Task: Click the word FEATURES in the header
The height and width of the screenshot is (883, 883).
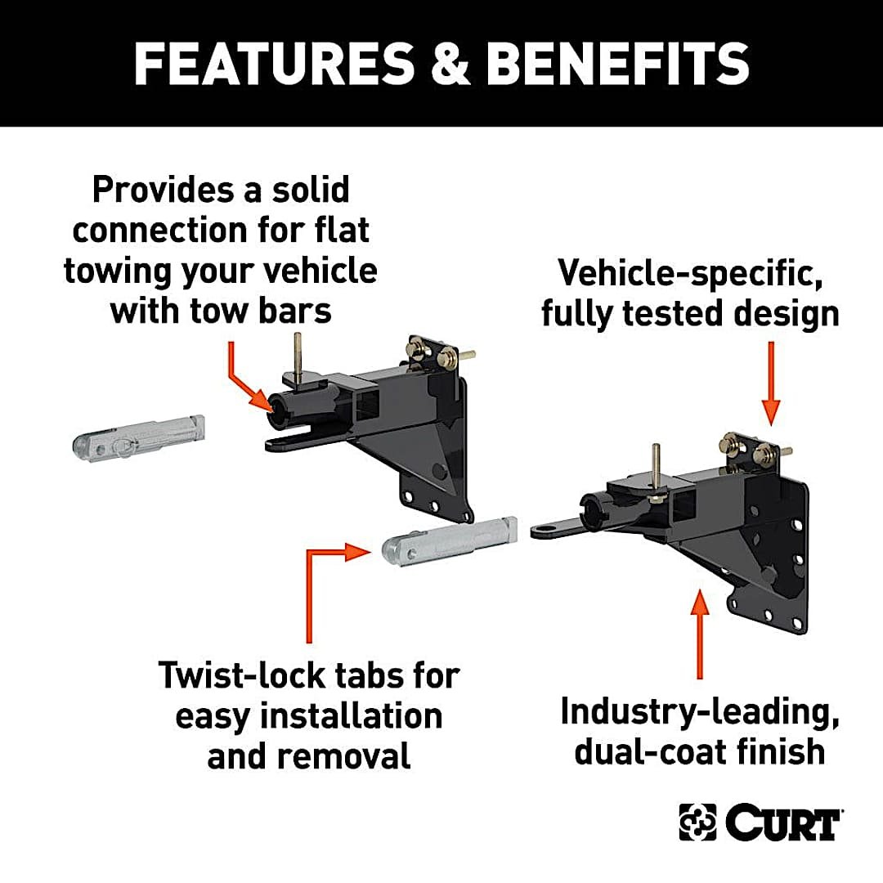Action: point(274,63)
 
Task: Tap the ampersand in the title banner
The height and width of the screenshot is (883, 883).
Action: point(450,63)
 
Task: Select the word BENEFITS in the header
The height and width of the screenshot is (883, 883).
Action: point(617,63)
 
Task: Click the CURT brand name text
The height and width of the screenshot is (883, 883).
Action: point(782,823)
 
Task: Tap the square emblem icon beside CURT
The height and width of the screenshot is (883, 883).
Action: point(697,822)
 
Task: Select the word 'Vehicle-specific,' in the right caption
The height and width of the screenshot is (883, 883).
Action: point(690,274)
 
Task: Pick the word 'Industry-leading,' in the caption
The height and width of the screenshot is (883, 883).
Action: point(699,713)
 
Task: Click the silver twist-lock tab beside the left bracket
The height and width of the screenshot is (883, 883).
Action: point(138,438)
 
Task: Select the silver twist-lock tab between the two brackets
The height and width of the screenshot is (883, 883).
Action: point(450,540)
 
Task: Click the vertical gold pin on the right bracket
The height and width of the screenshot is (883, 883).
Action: point(656,469)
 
